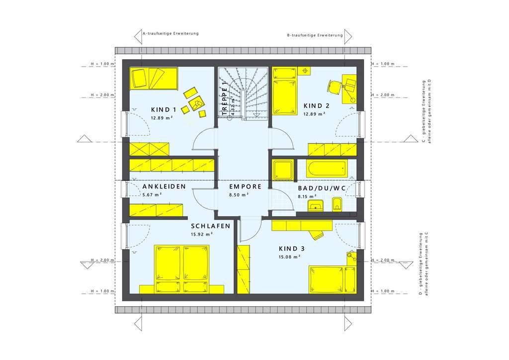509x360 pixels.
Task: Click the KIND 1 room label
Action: tap(164, 109)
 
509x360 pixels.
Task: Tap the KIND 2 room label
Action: tap(317, 105)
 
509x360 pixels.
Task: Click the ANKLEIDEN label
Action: tap(164, 186)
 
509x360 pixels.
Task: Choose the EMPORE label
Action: tap(246, 186)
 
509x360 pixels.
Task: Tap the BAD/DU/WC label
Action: tap(322, 188)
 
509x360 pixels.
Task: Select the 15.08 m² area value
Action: tap(289, 257)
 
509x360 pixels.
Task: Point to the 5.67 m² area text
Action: tap(152, 194)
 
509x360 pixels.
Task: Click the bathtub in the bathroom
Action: tap(327, 168)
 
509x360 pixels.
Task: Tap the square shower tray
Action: tap(282, 169)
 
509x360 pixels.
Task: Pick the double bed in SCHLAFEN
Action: tap(182, 269)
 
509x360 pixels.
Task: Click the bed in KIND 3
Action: tap(333, 279)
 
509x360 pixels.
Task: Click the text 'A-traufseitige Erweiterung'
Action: tap(170, 33)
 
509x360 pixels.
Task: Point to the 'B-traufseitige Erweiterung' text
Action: tap(315, 35)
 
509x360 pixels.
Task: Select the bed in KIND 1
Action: tap(154, 79)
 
